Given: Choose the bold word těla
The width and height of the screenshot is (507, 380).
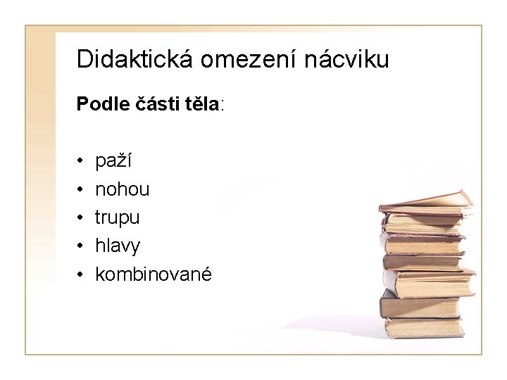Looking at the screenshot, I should pos(202,105).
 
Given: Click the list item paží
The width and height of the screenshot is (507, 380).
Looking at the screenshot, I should pos(113,161).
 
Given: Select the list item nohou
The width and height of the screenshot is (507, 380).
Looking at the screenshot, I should pos(123,189).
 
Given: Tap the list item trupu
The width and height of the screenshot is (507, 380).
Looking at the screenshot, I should pos(118,217).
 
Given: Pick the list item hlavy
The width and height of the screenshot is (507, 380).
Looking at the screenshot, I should pos(118,246).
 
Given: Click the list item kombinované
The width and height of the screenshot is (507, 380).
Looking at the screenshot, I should pos(153,274).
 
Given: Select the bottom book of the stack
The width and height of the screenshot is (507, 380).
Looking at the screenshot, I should pos(423,327).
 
